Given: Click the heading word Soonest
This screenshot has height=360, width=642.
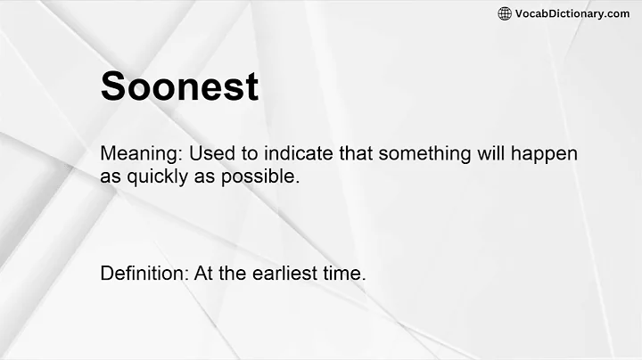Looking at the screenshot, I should click(x=179, y=86).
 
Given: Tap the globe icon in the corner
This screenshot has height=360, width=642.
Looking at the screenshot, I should click(x=505, y=13).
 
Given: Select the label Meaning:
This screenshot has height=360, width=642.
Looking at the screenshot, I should click(x=138, y=153).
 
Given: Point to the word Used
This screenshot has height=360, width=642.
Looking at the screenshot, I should click(x=208, y=153).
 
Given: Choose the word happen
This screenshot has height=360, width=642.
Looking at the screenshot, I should click(x=545, y=153).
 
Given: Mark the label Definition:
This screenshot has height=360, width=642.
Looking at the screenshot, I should click(x=143, y=274).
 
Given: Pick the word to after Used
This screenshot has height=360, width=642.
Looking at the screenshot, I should click(x=240, y=153).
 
